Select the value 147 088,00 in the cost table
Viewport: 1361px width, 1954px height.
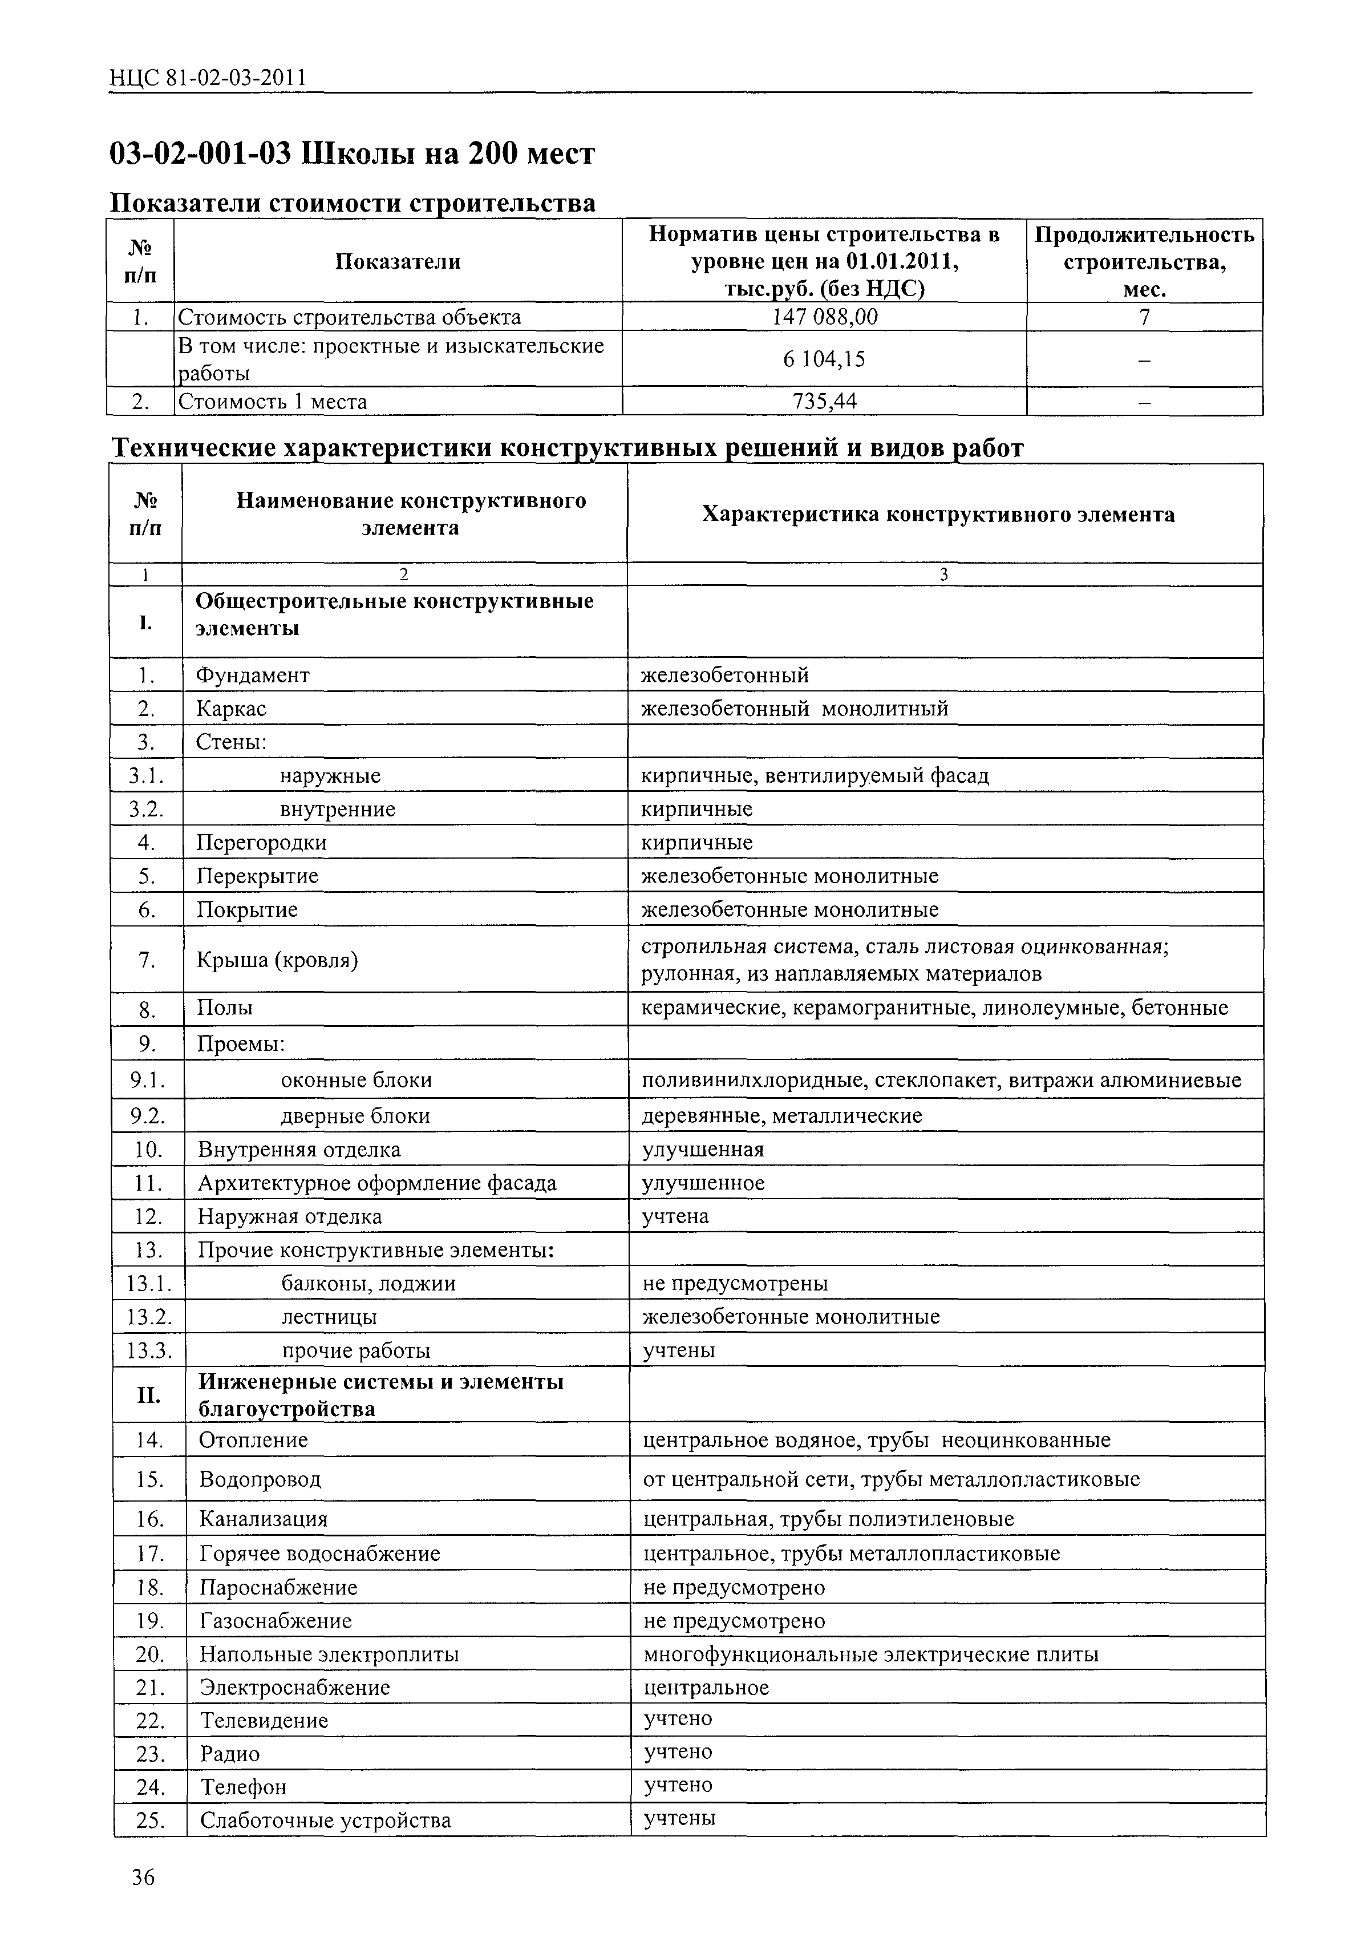823,317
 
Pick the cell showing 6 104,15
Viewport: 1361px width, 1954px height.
823,359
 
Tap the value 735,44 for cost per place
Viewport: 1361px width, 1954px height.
823,401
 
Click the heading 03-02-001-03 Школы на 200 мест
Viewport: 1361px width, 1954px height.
353,154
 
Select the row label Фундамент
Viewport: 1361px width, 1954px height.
253,675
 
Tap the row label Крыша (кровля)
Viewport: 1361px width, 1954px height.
277,960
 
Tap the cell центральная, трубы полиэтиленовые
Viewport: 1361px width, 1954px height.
828,1518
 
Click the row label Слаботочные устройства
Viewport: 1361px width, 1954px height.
325,1821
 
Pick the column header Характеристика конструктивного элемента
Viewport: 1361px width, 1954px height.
938,514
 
